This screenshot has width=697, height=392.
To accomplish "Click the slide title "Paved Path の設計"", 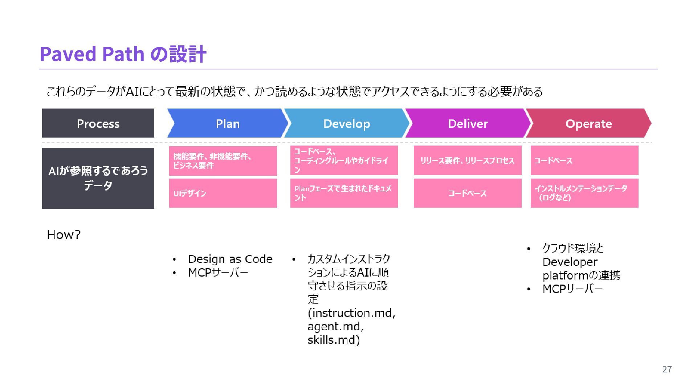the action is click(x=123, y=54).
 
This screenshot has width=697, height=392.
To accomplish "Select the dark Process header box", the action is click(x=98, y=123).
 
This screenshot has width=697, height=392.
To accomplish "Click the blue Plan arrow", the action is click(x=228, y=123).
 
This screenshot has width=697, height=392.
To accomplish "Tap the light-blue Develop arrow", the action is click(x=346, y=123).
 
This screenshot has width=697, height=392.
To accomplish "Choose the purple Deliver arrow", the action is click(x=468, y=123).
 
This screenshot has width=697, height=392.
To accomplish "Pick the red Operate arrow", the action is click(x=588, y=123).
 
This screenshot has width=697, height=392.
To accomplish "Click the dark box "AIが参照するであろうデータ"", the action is click(x=98, y=178).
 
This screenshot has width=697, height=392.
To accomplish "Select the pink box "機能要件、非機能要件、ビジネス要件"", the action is click(x=223, y=161).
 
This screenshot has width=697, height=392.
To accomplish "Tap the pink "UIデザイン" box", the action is click(x=223, y=193).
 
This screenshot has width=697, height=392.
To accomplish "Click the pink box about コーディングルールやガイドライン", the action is click(x=344, y=160).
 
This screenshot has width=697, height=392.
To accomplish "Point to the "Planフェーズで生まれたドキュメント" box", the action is click(x=344, y=193).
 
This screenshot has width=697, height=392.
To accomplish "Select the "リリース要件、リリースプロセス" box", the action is click(x=468, y=160).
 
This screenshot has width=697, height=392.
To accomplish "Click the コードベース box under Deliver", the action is click(x=468, y=193).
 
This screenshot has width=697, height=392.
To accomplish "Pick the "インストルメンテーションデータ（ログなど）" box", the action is click(x=584, y=193).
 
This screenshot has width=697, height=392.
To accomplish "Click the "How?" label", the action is click(x=64, y=234).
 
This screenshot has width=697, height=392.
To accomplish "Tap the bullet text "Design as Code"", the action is click(x=230, y=259).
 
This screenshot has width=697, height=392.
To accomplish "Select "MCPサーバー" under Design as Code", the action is click(x=218, y=273).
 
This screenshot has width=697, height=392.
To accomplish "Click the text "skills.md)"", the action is click(x=334, y=340).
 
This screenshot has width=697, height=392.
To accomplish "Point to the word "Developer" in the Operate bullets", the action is click(x=570, y=262).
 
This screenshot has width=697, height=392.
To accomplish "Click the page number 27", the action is click(x=667, y=369).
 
